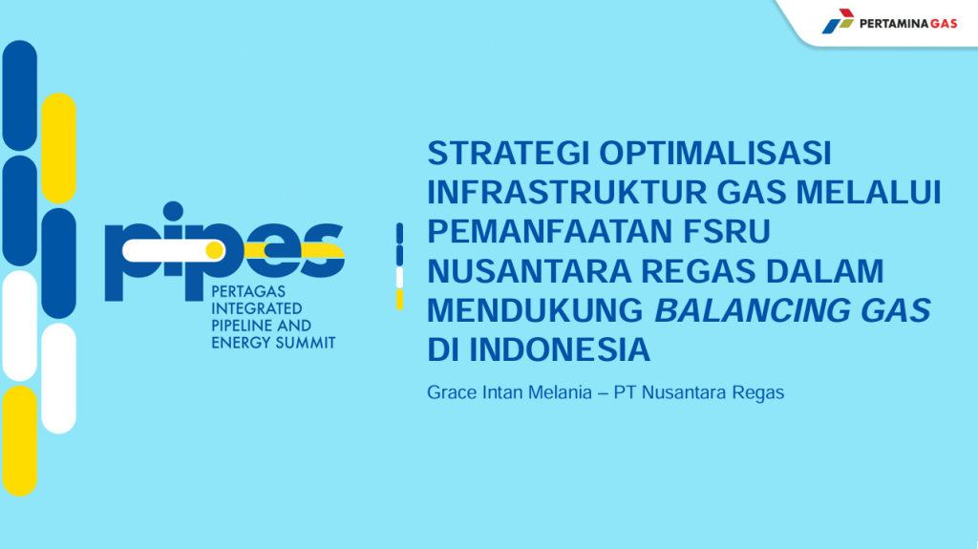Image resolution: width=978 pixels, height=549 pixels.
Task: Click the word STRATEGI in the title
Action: coord(508,154)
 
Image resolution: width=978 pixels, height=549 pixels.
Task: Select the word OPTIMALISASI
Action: coord(715,154)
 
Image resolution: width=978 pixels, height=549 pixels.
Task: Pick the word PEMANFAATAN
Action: coord(550,231)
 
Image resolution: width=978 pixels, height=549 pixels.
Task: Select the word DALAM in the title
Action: coord(824,271)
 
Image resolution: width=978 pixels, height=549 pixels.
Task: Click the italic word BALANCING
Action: coord(753,310)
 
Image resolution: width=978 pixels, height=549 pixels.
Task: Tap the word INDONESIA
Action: coord(560,350)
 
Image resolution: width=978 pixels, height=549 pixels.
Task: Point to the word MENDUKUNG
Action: coord(535,310)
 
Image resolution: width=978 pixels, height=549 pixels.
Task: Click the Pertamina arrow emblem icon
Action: coord(838,21)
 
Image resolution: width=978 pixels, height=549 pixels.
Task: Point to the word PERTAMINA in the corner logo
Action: coord(894,24)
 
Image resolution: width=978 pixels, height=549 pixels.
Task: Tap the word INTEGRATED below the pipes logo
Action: coord(256,308)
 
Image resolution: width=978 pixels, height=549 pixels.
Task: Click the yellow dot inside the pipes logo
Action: coord(215,250)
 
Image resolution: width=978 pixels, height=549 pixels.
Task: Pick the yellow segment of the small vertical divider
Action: coord(400,300)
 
